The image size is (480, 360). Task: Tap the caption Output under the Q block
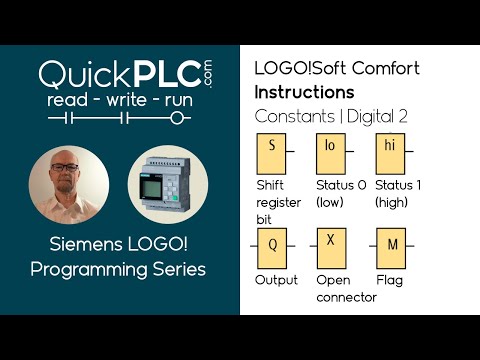pos(276,280)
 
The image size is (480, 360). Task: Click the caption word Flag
pos(388,280)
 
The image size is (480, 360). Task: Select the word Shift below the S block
pos(271,186)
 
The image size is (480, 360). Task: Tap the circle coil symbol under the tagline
pos(179,119)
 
